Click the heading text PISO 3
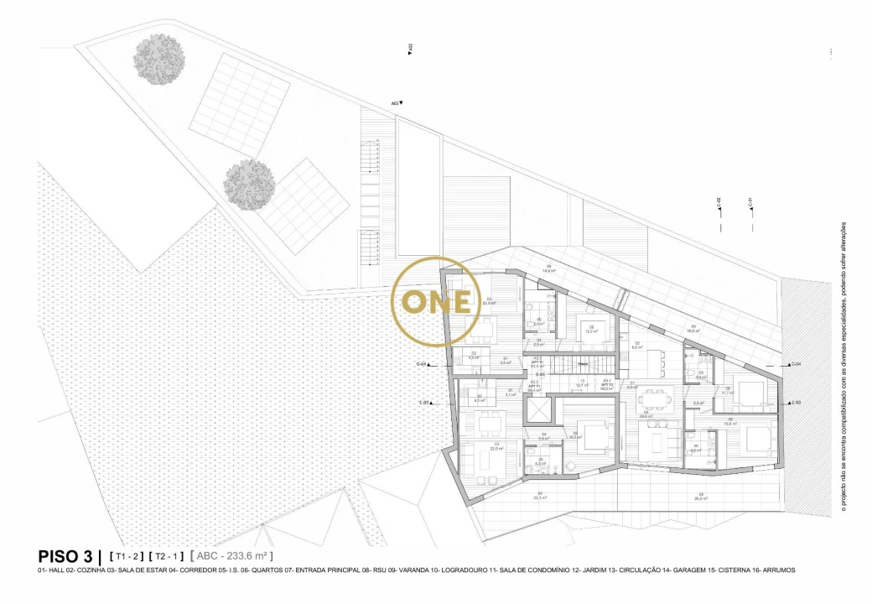pyautogui.click(x=67, y=556)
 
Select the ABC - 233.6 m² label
pyautogui.click(x=231, y=556)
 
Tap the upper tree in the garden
pyautogui.click(x=159, y=60)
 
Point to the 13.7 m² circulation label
pyautogui.click(x=581, y=385)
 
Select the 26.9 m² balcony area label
pyautogui.click(x=700, y=497)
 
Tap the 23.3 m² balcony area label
pyautogui.click(x=539, y=497)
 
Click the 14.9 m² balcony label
pyautogui.click(x=549, y=270)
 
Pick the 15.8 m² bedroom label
pyautogui.click(x=731, y=423)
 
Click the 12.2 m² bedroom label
pyautogui.click(x=591, y=331)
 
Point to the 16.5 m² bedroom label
pyautogui.click(x=574, y=436)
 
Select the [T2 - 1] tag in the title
pyautogui.click(x=167, y=556)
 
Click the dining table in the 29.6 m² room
pyautogui.click(x=655, y=393)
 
